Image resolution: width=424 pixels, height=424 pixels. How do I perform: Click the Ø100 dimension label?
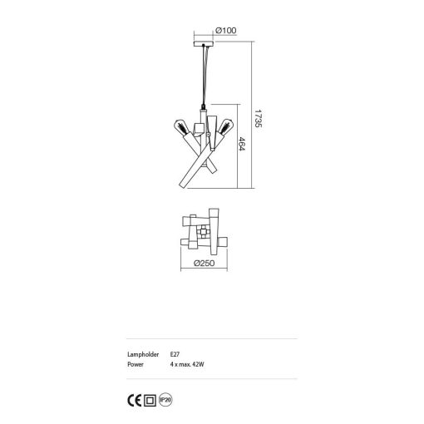pyautogui.click(x=225, y=32)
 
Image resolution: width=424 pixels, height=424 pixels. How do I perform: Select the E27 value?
pyautogui.click(x=173, y=355)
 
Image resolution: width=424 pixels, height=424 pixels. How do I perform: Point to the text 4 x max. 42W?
pyautogui.click(x=187, y=364)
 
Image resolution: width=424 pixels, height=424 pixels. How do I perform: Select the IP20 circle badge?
pyautogui.click(x=166, y=398)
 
